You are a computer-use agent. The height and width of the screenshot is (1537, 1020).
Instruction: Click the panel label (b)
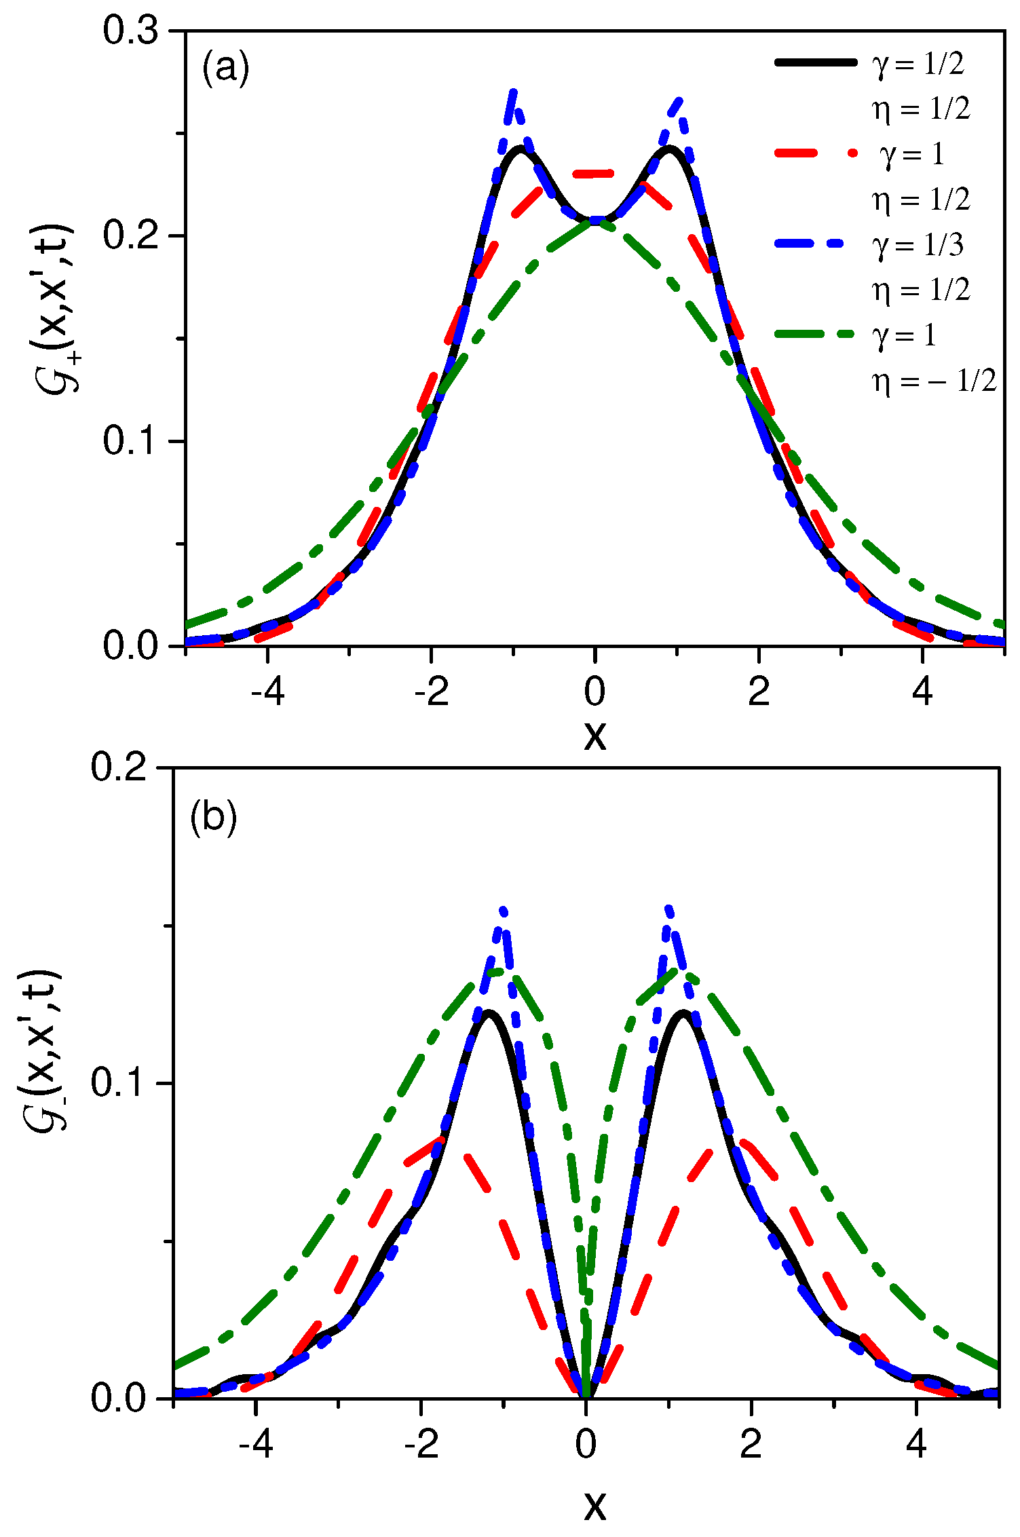coord(213,817)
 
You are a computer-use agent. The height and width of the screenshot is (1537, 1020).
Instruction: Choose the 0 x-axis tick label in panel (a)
coord(594,692)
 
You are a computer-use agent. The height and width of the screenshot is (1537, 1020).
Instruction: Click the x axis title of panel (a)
coord(594,736)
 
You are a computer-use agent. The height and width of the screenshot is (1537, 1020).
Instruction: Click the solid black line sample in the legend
coord(815,62)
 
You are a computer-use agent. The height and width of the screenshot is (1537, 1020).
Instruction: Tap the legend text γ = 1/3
coord(917,246)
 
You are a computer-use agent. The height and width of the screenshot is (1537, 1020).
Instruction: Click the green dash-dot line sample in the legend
coord(815,335)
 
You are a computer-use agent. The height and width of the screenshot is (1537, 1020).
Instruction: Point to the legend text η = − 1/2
coord(934,381)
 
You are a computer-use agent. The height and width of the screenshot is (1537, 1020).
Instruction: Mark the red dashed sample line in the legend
coord(815,154)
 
